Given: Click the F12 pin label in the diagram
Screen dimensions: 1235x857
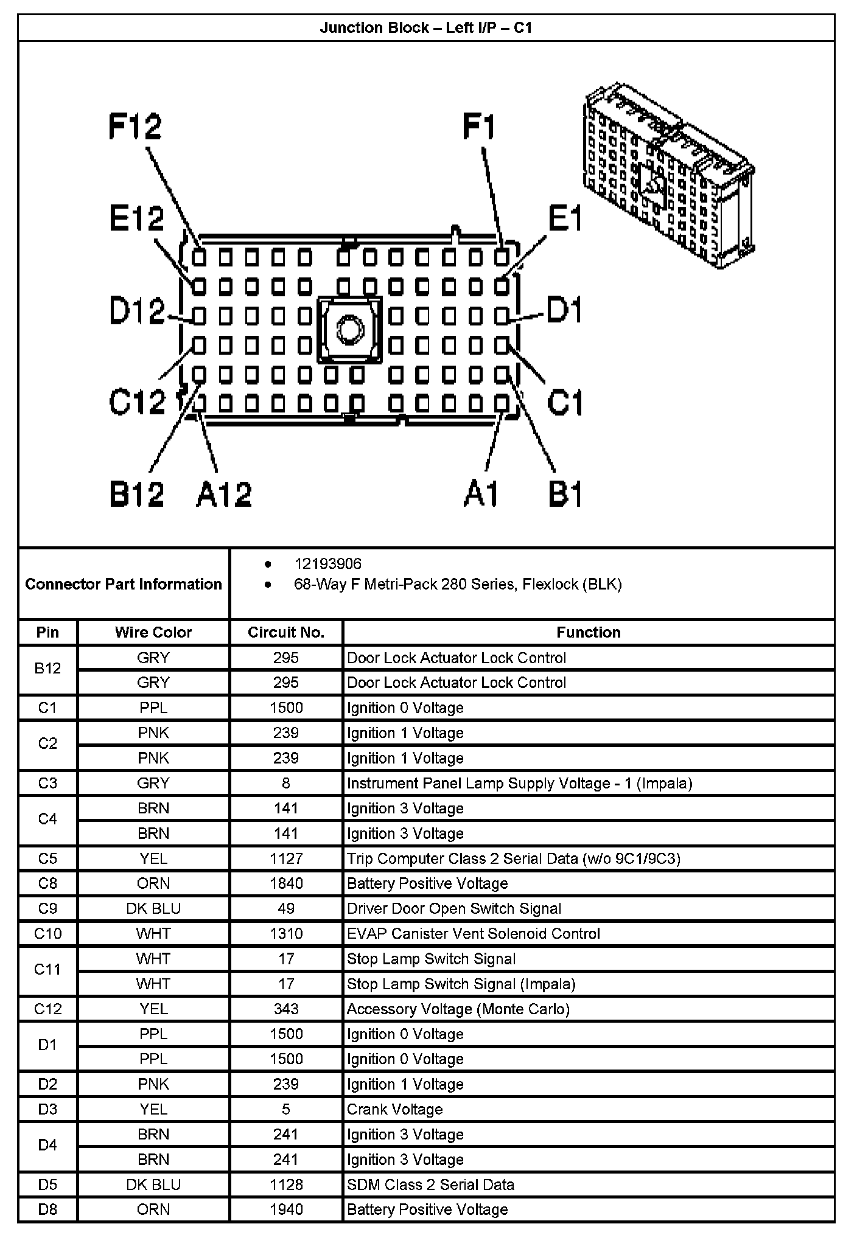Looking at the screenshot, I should click(135, 127).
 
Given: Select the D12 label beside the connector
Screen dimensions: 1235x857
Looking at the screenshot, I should click(136, 311).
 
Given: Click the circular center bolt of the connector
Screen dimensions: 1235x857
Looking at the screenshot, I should click(349, 330).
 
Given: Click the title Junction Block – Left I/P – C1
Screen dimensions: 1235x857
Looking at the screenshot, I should click(426, 28).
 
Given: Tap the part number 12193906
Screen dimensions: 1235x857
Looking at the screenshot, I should click(327, 564).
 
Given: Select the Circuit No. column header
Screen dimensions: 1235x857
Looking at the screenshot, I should click(286, 632).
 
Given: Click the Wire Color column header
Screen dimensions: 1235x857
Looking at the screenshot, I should click(153, 632).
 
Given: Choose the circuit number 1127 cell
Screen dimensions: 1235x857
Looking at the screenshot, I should click(286, 858).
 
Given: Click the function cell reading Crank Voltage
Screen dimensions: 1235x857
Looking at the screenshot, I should click(394, 1109).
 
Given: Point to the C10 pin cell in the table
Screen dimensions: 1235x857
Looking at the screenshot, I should click(47, 933).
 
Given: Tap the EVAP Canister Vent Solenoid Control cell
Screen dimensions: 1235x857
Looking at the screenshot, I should click(473, 933).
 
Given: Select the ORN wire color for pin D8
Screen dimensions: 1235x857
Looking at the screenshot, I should click(153, 1209).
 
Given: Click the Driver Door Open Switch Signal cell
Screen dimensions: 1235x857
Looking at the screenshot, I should click(453, 908).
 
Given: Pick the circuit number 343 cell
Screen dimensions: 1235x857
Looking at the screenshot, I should click(286, 1009).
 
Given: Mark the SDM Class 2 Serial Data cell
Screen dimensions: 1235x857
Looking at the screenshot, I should click(430, 1185).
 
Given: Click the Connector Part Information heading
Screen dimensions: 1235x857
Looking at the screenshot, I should click(124, 584).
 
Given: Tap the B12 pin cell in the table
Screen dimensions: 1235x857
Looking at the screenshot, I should click(47, 669).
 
